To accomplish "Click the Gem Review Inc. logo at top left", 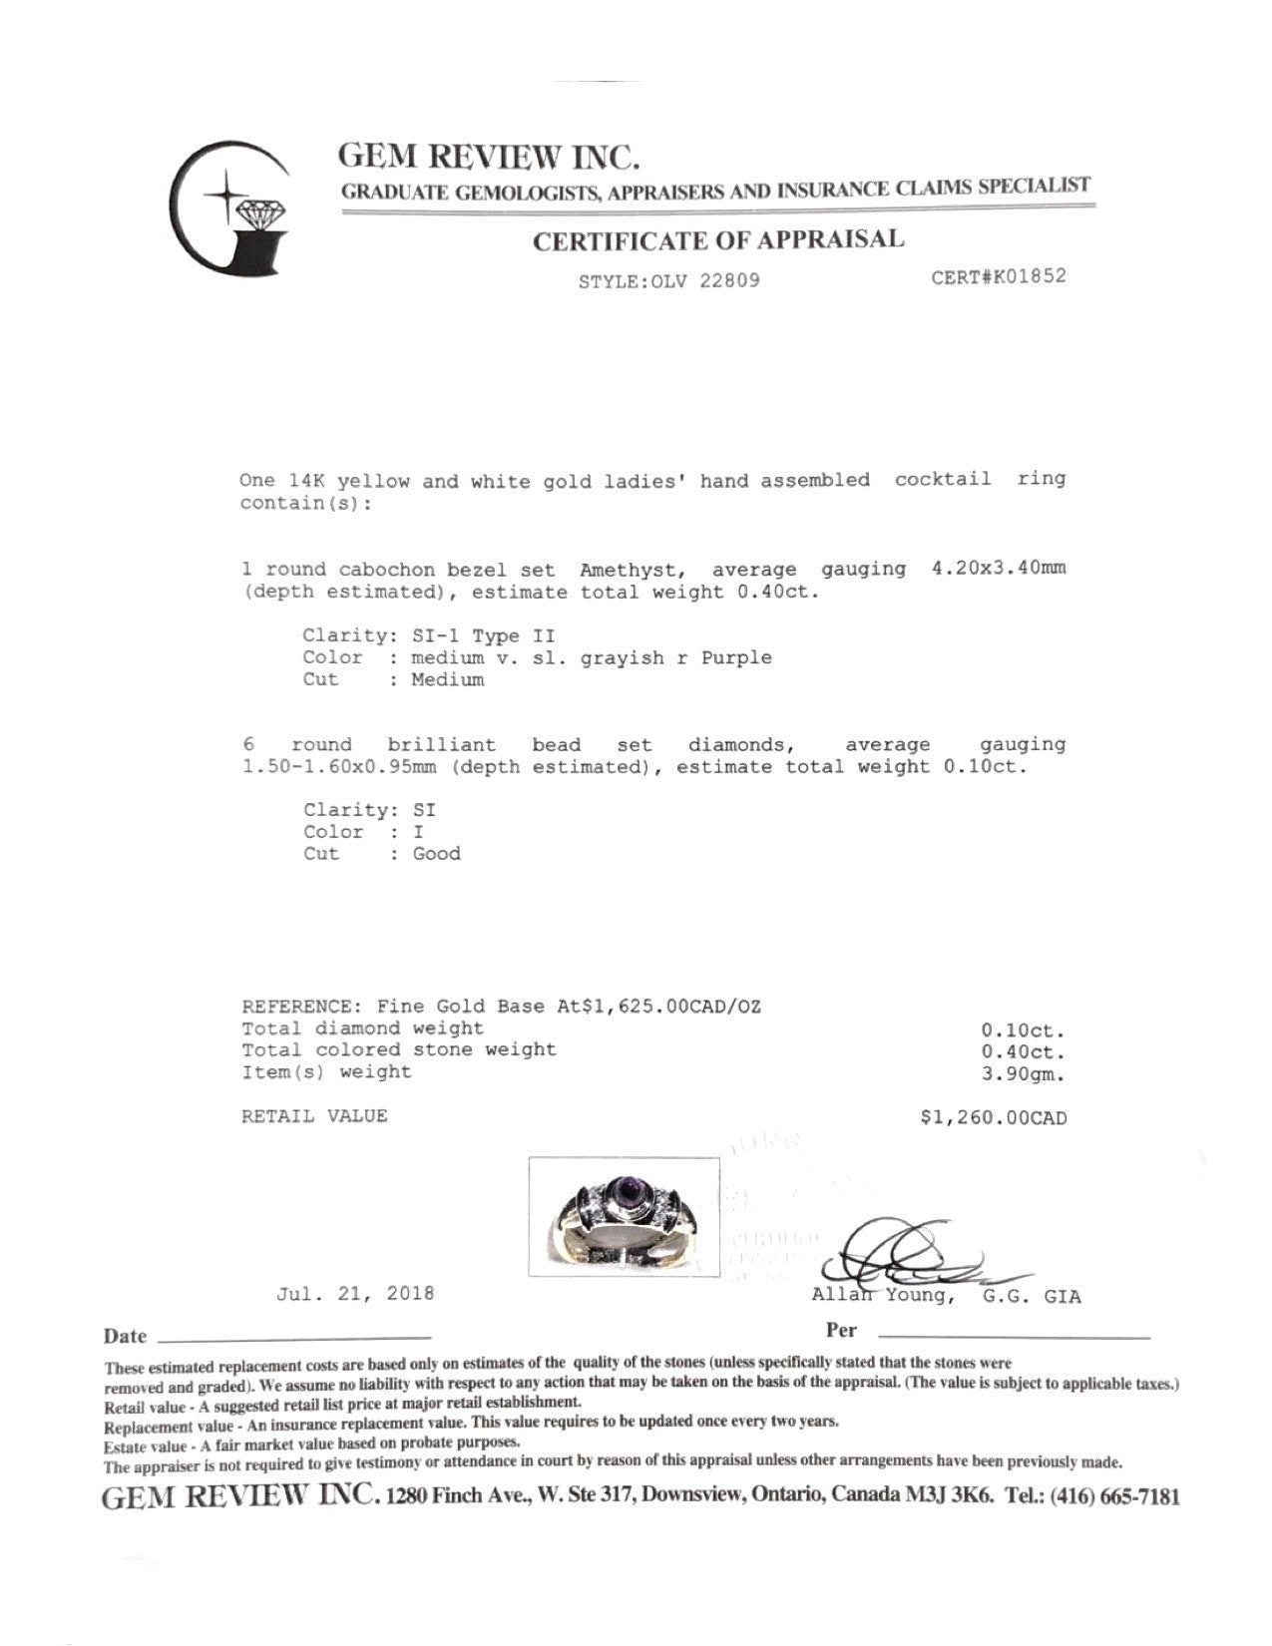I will pos(230,207).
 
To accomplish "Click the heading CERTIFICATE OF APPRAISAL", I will pos(718,240).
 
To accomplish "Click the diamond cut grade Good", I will pos(437,853).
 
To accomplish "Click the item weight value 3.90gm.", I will pos(1024,1074).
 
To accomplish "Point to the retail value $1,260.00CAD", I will pos(994,1118).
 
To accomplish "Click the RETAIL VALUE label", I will pos(314,1116).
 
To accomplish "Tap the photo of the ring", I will pos(624,1215).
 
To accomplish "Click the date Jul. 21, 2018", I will pos(355,1294).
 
